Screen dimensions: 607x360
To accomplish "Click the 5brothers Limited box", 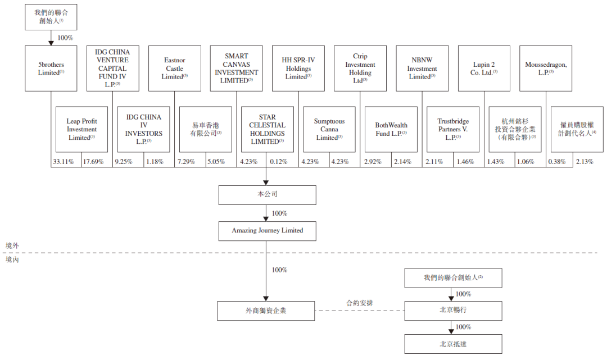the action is pos(51,69).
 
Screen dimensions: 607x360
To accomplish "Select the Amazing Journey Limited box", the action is pos(267,231).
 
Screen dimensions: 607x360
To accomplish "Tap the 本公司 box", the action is pos(267,195).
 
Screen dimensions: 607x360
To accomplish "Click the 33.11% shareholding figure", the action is pos(63,162).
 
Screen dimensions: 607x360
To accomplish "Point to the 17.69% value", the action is pos(93,162).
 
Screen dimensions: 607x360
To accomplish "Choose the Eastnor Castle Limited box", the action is pos(175,69).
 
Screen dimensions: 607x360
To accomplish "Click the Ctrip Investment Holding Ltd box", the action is pos(360,69).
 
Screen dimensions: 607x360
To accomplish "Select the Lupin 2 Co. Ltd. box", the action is pos(484,69).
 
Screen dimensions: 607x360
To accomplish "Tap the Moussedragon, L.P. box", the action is pos(545,69).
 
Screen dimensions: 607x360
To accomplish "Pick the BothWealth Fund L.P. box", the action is pos(391,129).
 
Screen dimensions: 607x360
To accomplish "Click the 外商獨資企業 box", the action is pos(265,311).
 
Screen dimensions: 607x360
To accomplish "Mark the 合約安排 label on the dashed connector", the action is pos(360,303).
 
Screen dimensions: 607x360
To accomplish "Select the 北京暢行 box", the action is pos(454,311).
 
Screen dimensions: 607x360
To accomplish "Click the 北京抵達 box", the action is pos(454,344).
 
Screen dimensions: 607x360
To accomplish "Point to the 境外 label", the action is pos(12,245).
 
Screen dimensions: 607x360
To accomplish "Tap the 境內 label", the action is pos(12,259).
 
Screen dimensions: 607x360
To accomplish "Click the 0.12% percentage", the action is pos(278,162).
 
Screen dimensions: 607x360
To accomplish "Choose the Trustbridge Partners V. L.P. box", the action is pos(453,129).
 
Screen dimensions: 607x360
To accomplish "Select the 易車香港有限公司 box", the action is pos(206,129).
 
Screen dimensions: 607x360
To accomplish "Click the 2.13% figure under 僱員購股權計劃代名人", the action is pos(585,162).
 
